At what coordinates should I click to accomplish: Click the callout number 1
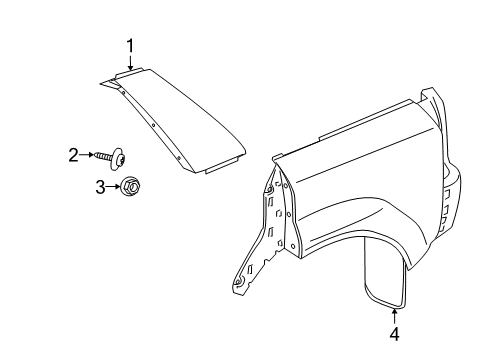(130, 44)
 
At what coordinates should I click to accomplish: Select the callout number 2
(73, 154)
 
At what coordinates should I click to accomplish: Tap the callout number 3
(100, 185)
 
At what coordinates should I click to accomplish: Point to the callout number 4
(393, 334)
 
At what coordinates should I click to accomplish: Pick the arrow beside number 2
(87, 154)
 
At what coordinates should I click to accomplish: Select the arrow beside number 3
(112, 185)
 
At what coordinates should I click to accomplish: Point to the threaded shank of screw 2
(104, 155)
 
